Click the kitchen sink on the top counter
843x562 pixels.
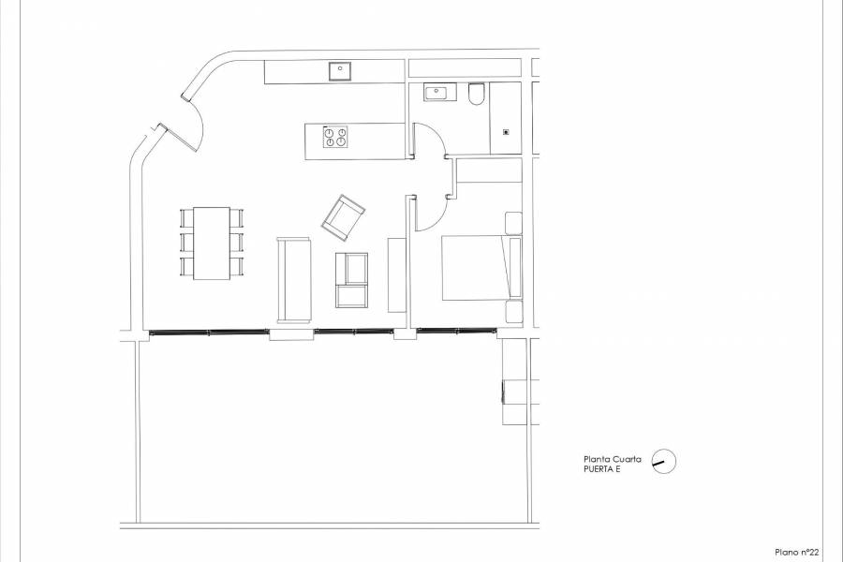tap(337, 69)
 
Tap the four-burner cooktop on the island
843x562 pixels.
tap(335, 138)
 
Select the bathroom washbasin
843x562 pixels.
tap(437, 93)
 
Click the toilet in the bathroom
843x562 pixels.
tap(476, 94)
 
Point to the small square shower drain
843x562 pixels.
tap(507, 131)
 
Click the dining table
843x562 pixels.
tap(212, 243)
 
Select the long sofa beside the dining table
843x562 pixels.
tap(294, 280)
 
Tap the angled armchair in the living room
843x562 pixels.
tap(344, 216)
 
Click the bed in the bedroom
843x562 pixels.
tap(479, 268)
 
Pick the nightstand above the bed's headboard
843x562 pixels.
tap(513, 223)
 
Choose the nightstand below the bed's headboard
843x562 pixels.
tap(513, 312)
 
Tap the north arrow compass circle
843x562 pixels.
tap(662, 461)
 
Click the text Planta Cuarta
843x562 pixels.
tap(613, 458)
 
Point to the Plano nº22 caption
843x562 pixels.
tap(797, 553)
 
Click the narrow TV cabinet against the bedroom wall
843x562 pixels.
tap(396, 274)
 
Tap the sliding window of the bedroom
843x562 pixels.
tap(456, 330)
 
